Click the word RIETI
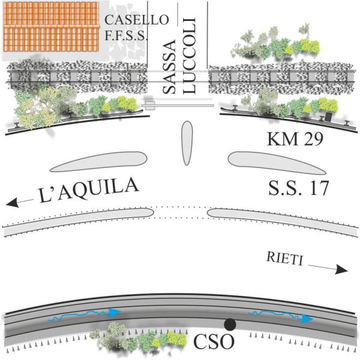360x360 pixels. point(284,259)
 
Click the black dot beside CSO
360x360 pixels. point(229,324)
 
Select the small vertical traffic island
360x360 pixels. point(187,142)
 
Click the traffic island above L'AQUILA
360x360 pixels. point(99,162)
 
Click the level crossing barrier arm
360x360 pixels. point(180,105)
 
